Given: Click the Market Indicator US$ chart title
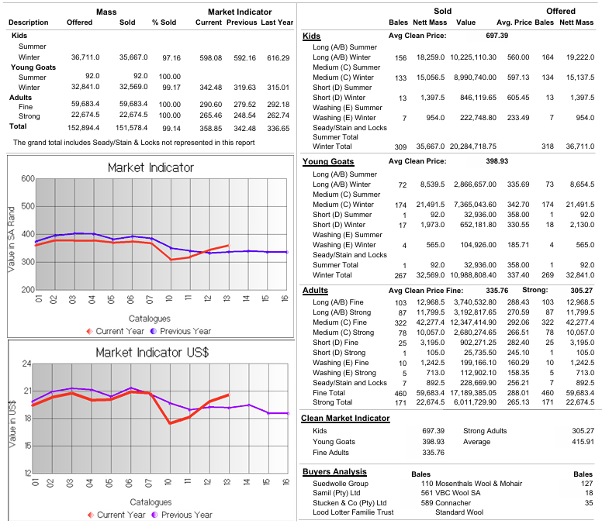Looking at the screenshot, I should click(x=151, y=353).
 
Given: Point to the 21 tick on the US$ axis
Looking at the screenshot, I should click(x=26, y=391).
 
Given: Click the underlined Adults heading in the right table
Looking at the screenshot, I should click(x=315, y=290).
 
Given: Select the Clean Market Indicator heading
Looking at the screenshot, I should click(x=345, y=419).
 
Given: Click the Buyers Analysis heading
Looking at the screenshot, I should click(x=334, y=471).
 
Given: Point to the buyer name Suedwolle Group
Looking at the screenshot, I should click(x=341, y=483).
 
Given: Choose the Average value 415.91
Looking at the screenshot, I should click(x=582, y=442).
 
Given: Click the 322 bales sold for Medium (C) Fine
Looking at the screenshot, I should click(x=400, y=322).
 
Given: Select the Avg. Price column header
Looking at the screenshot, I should click(x=514, y=22).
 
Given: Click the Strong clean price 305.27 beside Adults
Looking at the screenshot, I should click(x=582, y=290).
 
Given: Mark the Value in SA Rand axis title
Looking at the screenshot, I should click(x=11, y=233).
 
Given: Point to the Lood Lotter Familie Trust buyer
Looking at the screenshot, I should click(x=353, y=512).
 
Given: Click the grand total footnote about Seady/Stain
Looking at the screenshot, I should click(x=145, y=143).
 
